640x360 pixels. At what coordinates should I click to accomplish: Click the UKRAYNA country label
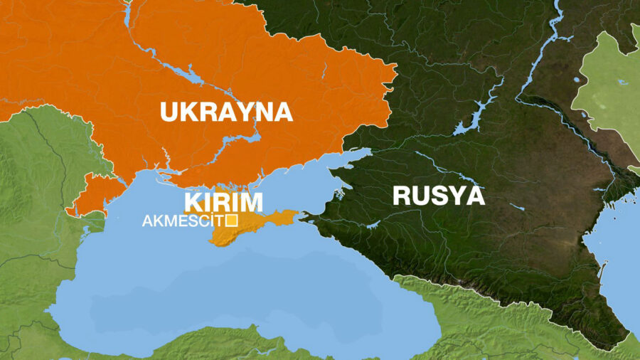(x=226, y=112)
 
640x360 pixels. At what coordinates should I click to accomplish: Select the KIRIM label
(x=223, y=201)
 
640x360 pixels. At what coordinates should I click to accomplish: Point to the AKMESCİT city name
(x=183, y=221)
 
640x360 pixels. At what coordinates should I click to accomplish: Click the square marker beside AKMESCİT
(x=230, y=221)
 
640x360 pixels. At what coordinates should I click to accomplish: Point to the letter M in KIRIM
(x=250, y=201)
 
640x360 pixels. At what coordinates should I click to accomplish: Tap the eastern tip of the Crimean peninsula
(x=303, y=213)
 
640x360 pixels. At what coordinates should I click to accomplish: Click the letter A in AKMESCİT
(x=147, y=221)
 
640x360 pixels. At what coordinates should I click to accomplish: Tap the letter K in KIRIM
(x=194, y=201)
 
